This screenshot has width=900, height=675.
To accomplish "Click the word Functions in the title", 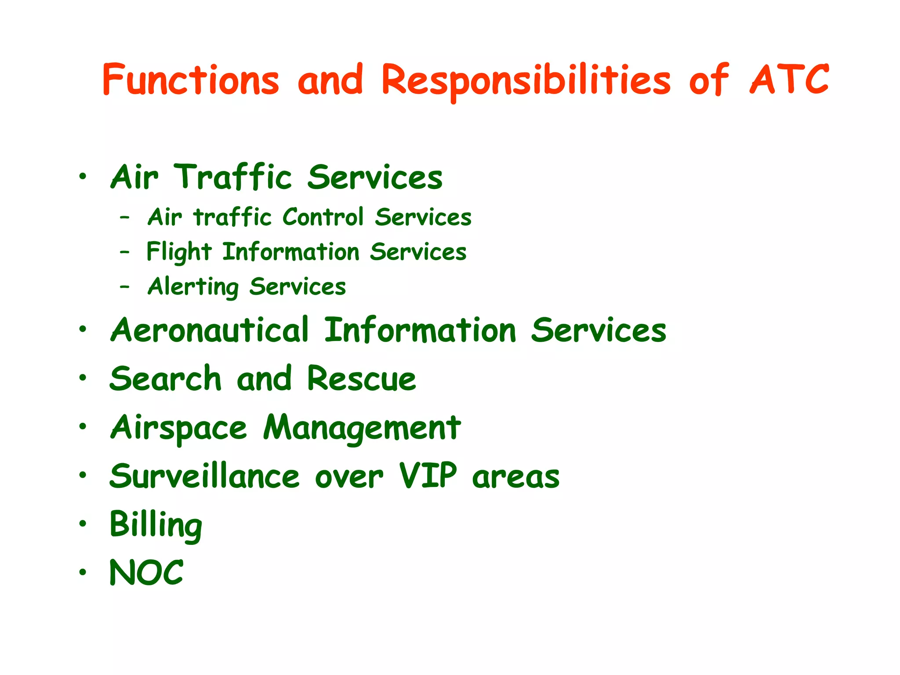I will (191, 80).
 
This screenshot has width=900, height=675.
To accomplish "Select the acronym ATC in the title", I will (789, 80).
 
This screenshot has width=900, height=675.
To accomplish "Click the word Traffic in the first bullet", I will (233, 177).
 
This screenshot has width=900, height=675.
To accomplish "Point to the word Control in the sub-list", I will (323, 217).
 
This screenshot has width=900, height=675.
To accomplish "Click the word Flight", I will (179, 252).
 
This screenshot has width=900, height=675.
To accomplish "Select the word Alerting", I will (193, 287).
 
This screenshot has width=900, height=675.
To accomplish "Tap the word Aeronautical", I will (210, 330).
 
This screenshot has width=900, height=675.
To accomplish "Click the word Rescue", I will (361, 379).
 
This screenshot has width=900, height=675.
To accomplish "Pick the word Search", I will (165, 379).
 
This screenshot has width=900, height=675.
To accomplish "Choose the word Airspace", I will (178, 428).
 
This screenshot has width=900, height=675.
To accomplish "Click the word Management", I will (362, 428).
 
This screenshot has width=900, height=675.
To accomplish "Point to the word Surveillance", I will (205, 476).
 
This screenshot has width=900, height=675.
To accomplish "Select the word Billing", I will (156, 526).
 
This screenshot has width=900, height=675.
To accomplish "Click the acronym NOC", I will (146, 573).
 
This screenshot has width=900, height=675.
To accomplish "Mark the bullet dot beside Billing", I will (83, 524).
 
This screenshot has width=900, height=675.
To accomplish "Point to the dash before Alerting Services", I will (125, 287).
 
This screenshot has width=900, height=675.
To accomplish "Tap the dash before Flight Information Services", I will (125, 252).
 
